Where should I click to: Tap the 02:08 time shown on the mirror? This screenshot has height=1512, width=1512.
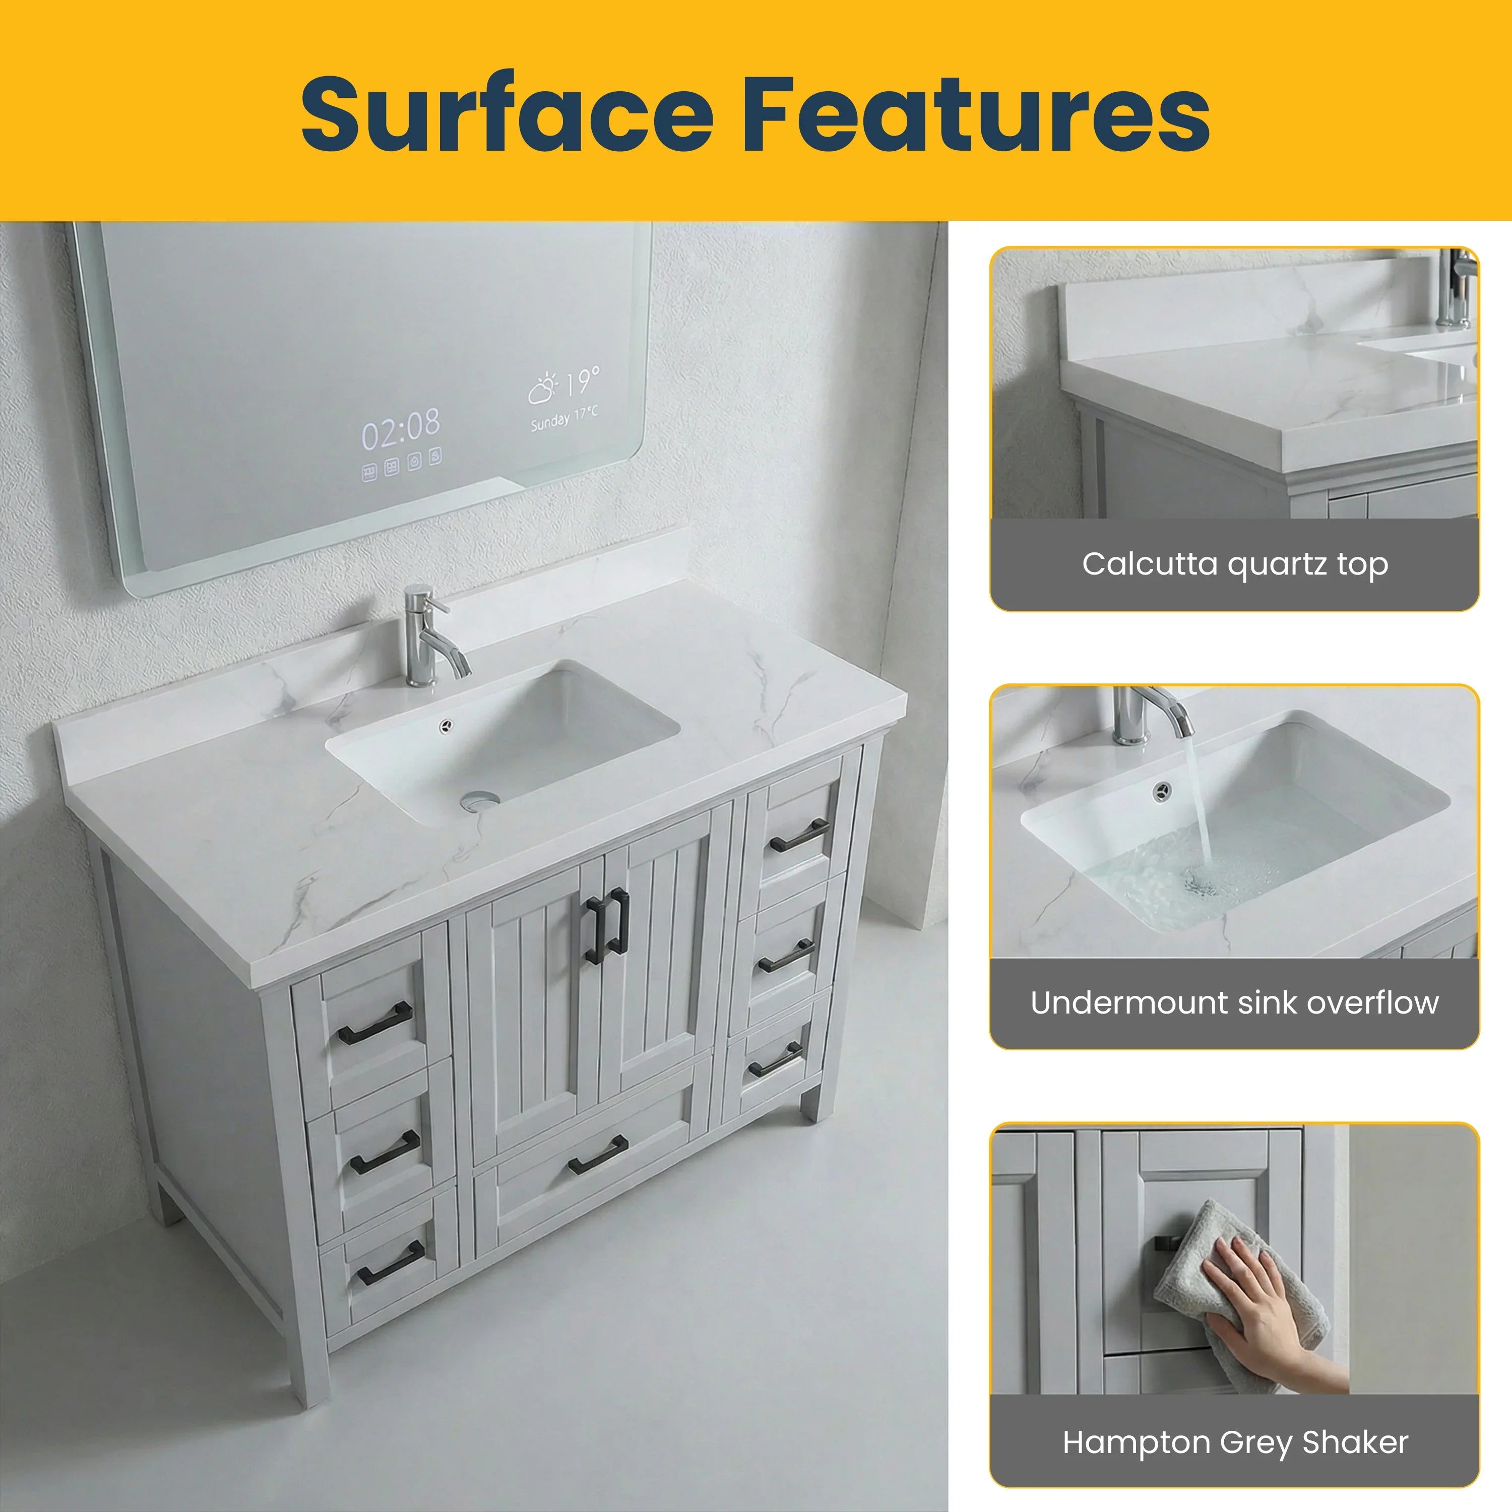(400, 430)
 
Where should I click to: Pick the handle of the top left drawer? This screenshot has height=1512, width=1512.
(375, 1023)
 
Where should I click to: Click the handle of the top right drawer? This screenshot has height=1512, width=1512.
(799, 836)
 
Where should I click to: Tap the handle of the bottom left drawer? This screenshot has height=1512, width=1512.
(391, 1272)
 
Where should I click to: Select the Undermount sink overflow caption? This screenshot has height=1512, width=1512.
(1234, 1002)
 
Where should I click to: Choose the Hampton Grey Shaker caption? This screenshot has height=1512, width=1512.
(1234, 1441)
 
